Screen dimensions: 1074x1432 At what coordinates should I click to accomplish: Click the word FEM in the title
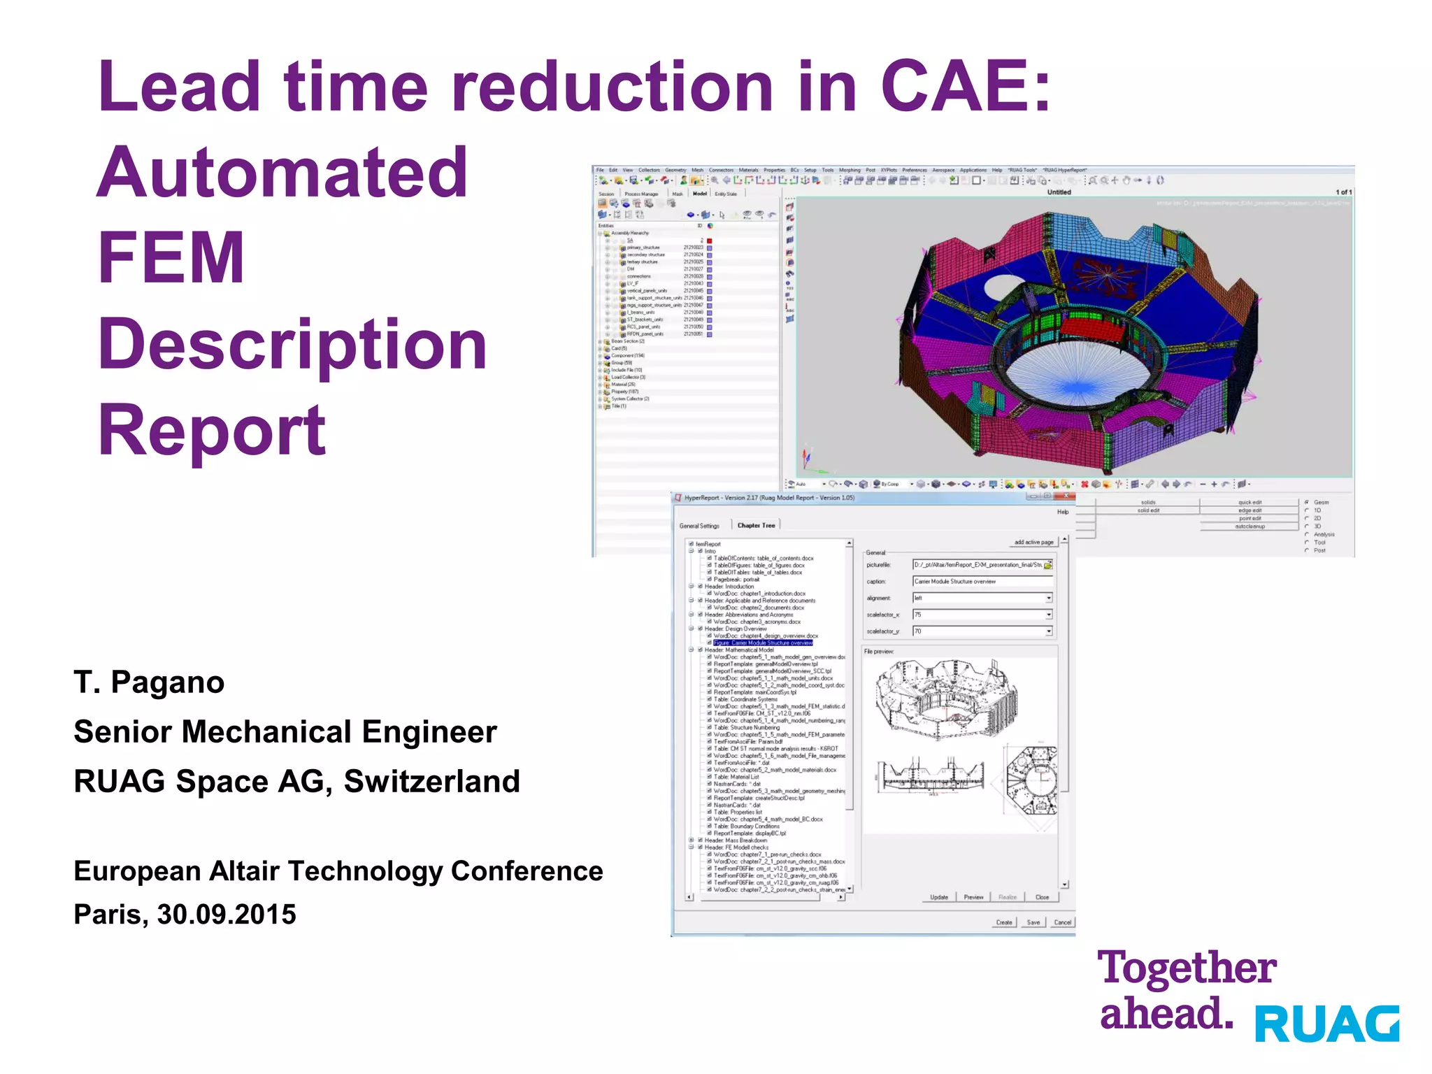tap(171, 258)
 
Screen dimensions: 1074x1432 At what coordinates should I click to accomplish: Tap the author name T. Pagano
tap(149, 682)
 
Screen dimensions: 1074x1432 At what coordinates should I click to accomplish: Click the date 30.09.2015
tap(227, 914)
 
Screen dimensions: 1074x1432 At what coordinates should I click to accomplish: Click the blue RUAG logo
tap(1326, 1024)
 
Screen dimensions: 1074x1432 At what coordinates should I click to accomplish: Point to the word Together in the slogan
tap(1187, 968)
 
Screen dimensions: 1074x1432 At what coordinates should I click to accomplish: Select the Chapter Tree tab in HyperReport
tap(756, 525)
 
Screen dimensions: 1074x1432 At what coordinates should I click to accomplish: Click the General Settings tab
tap(699, 526)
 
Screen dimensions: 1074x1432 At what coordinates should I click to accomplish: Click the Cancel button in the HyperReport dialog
tap(1062, 922)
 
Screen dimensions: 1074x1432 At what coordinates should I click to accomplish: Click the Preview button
tap(973, 897)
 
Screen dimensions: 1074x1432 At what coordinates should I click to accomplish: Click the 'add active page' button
tap(1033, 542)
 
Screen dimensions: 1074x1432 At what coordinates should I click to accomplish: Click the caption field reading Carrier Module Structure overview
tap(982, 581)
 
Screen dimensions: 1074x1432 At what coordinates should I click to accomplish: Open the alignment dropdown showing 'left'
tap(1048, 598)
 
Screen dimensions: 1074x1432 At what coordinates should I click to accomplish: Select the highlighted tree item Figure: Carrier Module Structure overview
tap(762, 643)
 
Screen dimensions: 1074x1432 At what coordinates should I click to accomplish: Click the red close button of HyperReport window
tap(1066, 496)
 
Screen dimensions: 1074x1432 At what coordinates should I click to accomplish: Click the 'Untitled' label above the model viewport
tap(1059, 192)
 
